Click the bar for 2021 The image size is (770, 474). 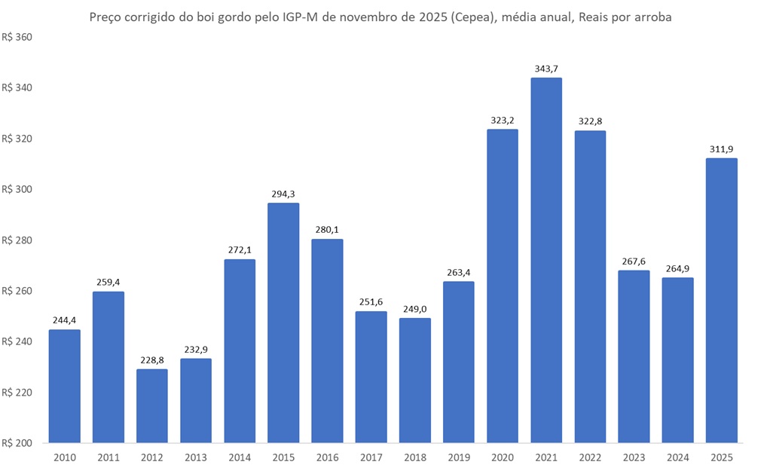(546, 260)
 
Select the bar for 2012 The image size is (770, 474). (152, 405)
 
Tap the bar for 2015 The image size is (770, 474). (283, 323)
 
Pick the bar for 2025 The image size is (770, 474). (721, 300)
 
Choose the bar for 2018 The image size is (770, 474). (415, 380)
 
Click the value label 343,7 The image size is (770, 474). (546, 69)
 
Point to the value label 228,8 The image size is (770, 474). (152, 360)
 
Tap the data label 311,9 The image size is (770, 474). (721, 149)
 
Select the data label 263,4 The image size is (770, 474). (459, 272)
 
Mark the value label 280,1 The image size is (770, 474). (327, 230)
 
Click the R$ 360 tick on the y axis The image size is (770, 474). (18, 37)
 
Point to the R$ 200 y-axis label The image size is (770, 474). (18, 443)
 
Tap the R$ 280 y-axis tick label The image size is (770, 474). (18, 240)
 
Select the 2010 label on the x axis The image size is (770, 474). (64, 457)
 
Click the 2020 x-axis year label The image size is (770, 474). (503, 457)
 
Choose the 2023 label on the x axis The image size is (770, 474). (634, 457)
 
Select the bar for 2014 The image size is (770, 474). (240, 350)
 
